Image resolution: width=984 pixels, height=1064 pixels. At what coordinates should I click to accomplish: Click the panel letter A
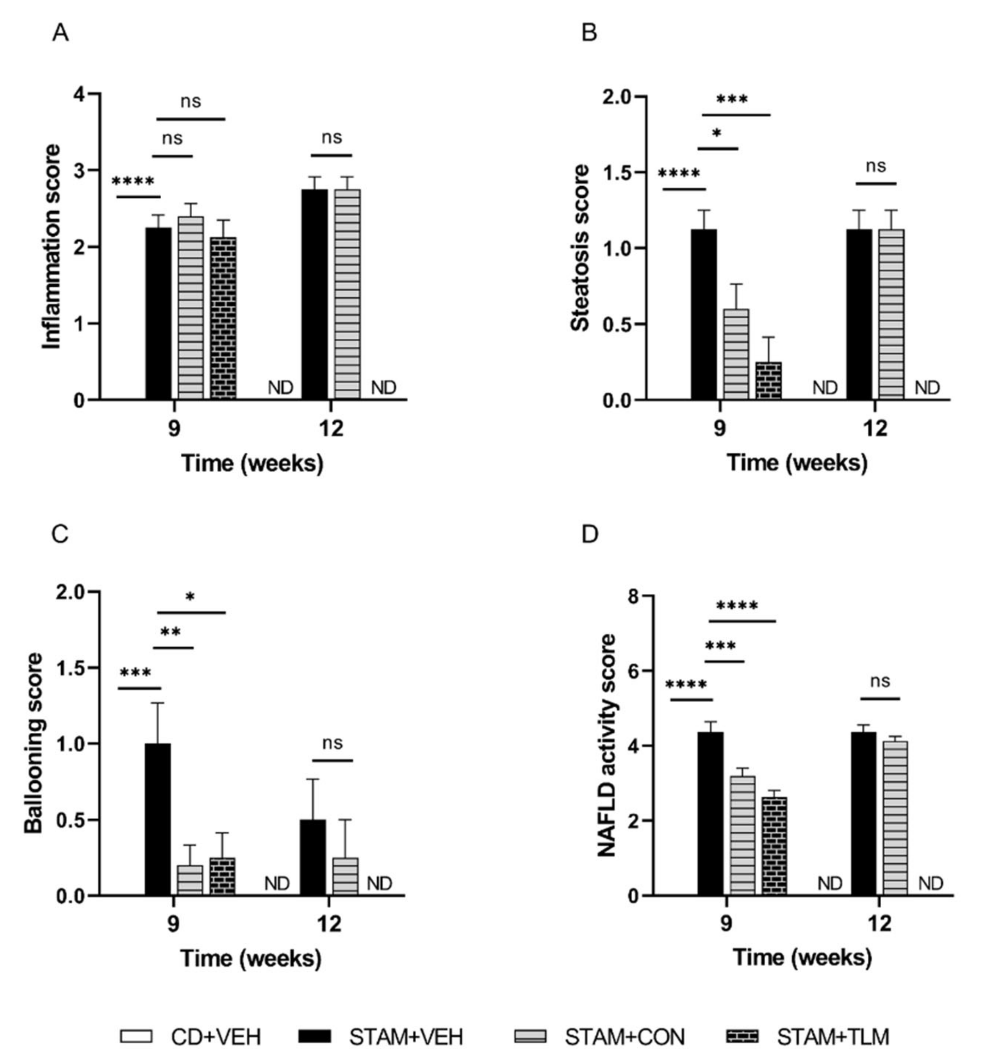pos(61,34)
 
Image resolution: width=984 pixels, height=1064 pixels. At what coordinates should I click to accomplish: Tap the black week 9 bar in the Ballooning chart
pos(158,819)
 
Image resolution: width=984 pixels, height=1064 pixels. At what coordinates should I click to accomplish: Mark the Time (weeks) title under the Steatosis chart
pos(797,462)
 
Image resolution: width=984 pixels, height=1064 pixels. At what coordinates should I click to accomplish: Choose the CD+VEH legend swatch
pos(136,1036)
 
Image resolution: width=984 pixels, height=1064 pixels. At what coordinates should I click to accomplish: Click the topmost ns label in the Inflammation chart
pos(190,101)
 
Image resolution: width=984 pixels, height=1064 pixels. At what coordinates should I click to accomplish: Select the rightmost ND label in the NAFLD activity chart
pos(931,884)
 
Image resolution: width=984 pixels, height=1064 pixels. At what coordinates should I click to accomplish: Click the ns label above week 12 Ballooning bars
pos(332,743)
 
